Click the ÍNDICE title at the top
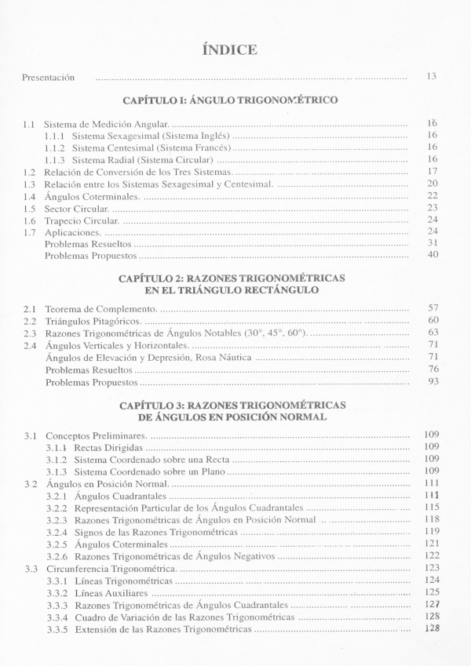click(230, 49)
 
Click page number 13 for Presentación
click(431, 76)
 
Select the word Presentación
click(48, 77)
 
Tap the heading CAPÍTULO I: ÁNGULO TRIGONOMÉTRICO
click(230, 100)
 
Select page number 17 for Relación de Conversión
click(432, 171)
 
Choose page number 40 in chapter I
click(432, 255)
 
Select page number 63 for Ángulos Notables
click(432, 333)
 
